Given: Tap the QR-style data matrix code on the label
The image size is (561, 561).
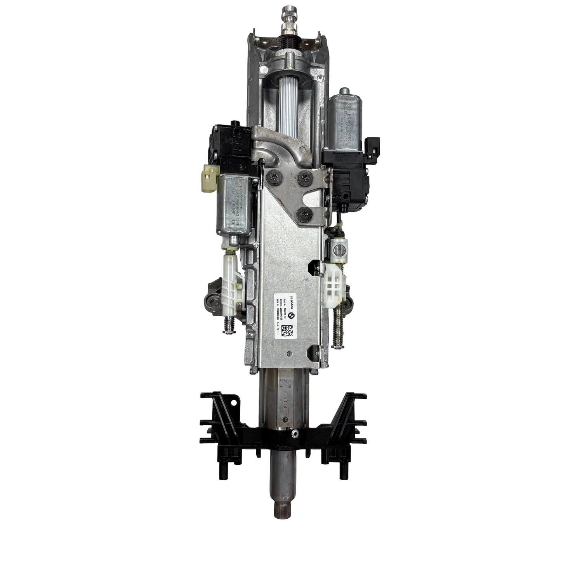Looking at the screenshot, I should click(x=287, y=331).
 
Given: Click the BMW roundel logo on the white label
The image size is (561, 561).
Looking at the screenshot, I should click(x=293, y=315).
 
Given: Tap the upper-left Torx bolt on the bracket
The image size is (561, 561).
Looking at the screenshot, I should click(x=274, y=177).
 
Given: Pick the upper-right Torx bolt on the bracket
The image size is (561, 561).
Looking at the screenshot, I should click(x=307, y=177).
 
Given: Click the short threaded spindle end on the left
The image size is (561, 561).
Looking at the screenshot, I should click(x=228, y=325).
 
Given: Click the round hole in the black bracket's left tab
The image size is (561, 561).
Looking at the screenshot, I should click(x=234, y=404).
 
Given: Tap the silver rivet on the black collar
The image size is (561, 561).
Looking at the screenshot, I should click(x=296, y=433).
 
